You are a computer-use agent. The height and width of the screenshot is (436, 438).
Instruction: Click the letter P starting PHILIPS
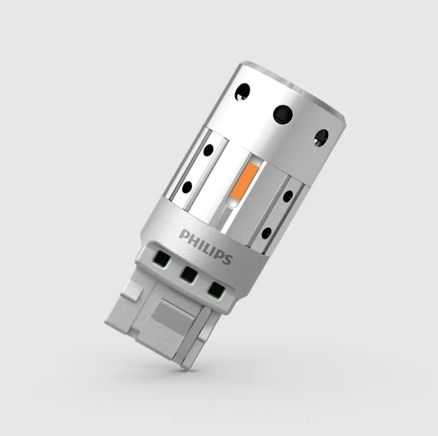pyautogui.click(x=184, y=234)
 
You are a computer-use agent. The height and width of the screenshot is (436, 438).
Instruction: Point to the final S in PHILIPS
pyautogui.click(x=227, y=259)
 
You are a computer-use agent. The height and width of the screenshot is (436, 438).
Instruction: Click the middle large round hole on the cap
pyautogui.click(x=283, y=115)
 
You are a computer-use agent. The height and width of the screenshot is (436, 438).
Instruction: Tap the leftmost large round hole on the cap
pyautogui.click(x=242, y=92)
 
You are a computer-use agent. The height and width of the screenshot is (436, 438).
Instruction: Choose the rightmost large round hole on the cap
pyautogui.click(x=321, y=138)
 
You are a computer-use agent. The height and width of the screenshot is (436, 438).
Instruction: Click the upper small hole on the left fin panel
pyautogui.click(x=208, y=150)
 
